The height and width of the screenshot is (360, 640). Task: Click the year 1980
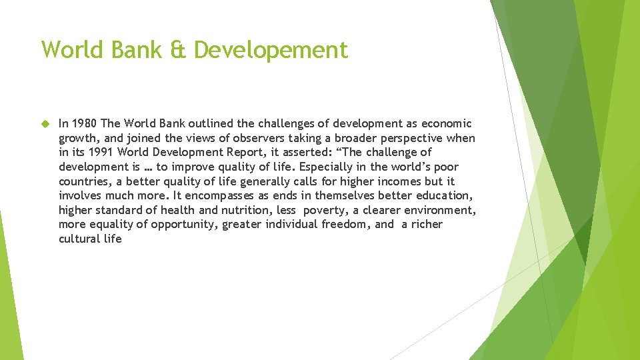[x=85, y=123]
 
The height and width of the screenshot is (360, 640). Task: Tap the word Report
[x=231, y=153]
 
